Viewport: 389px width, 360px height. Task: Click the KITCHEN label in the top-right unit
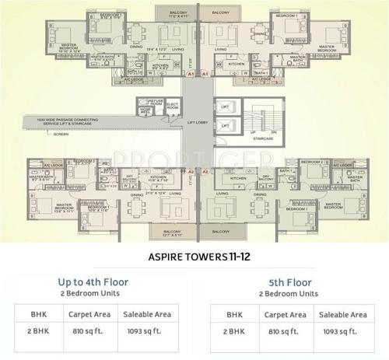pyautogui.click(x=236, y=65)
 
